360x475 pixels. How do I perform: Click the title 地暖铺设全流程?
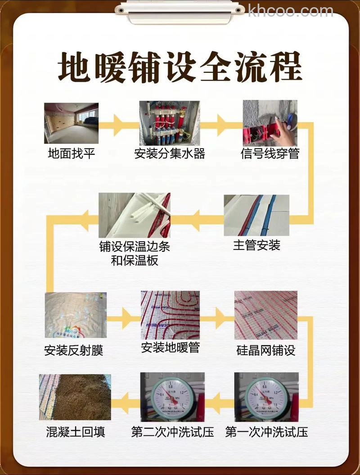(x=180, y=68)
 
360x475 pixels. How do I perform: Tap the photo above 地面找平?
(x=71, y=123)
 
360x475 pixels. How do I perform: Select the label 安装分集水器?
(x=170, y=154)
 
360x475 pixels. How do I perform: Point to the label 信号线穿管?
(x=270, y=154)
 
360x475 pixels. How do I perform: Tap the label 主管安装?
(x=256, y=245)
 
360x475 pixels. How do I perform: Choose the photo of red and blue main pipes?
(x=256, y=215)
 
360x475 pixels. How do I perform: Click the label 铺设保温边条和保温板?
(x=135, y=253)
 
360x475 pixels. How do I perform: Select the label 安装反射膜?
(x=74, y=351)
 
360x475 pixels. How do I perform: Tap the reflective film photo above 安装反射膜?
(x=76, y=315)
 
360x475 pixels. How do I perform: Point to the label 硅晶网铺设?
(x=266, y=351)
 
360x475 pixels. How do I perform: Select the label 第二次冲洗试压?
(x=172, y=432)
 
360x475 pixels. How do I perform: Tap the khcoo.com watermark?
(x=290, y=10)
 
